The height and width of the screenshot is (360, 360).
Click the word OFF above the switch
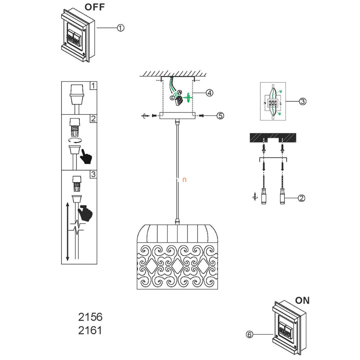(94, 7)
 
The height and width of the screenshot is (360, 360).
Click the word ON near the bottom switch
(302, 300)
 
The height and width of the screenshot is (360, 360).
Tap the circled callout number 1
(121, 28)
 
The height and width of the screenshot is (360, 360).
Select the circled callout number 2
(302, 198)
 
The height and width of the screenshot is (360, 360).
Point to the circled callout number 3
(302, 102)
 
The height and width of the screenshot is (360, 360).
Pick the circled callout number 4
(209, 93)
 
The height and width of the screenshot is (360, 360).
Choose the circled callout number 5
(221, 115)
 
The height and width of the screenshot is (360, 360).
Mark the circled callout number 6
(250, 334)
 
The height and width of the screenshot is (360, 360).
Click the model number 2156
(90, 317)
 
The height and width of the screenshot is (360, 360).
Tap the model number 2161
(90, 330)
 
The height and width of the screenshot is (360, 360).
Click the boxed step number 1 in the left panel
(93, 86)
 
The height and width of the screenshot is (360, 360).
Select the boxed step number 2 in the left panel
(93, 119)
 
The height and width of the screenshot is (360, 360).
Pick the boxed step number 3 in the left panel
(93, 174)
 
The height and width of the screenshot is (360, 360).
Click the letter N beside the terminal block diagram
(264, 104)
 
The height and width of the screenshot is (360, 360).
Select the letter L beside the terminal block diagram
(281, 104)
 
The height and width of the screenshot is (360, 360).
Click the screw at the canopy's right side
(201, 115)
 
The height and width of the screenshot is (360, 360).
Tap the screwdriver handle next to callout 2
(282, 197)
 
